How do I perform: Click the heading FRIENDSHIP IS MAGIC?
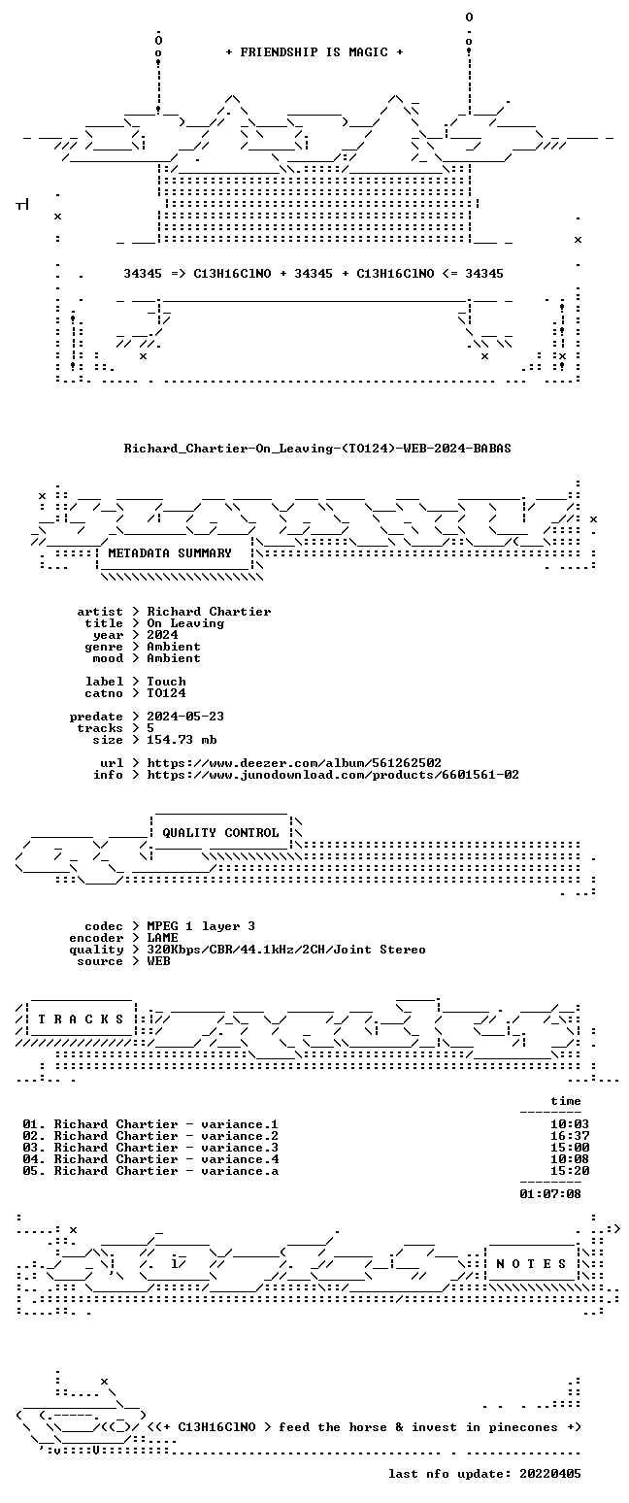point(314,52)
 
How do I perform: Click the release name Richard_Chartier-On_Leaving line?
point(317,449)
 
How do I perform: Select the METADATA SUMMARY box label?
point(170,552)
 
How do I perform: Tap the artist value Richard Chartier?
point(210,612)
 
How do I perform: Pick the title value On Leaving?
point(185,623)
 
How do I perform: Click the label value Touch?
point(166,681)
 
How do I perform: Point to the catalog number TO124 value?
point(166,693)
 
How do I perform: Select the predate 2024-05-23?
point(185,717)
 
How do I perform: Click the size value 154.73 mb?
point(182,740)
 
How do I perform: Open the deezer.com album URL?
point(294,763)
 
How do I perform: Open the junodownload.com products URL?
point(333,775)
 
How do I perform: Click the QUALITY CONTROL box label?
point(220,833)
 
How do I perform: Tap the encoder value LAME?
point(162,938)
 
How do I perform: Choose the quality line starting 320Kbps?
point(286,950)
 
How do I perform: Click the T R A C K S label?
point(81,1019)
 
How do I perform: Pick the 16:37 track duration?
point(570,1136)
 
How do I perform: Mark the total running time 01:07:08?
point(550,1193)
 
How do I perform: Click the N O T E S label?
point(531,1263)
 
